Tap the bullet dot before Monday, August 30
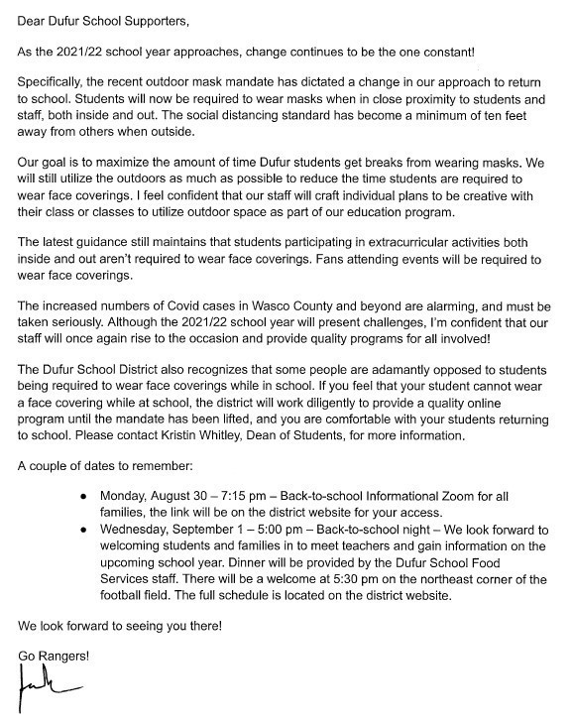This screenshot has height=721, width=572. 85,495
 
